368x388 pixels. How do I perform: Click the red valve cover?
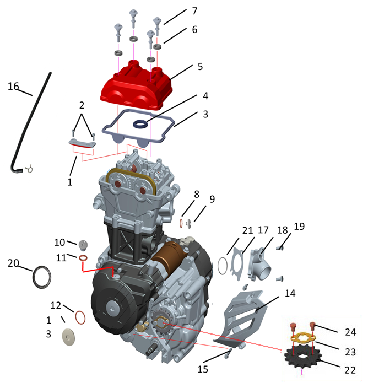coord(136,85)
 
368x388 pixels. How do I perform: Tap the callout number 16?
coord(13,87)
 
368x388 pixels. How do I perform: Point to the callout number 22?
coord(350,370)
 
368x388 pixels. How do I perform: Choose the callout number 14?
coord(290,293)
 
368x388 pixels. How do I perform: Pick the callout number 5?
coord(200,67)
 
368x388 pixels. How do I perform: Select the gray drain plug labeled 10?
coord(83,245)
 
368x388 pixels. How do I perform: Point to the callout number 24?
coord(350,332)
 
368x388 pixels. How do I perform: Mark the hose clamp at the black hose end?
coord(29,169)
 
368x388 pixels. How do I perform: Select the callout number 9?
coord(212,199)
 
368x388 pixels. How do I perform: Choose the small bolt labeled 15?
coord(228,353)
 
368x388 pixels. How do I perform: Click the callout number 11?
coord(61,258)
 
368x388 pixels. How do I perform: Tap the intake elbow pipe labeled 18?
coord(259,266)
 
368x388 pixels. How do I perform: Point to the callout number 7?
coord(194,11)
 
